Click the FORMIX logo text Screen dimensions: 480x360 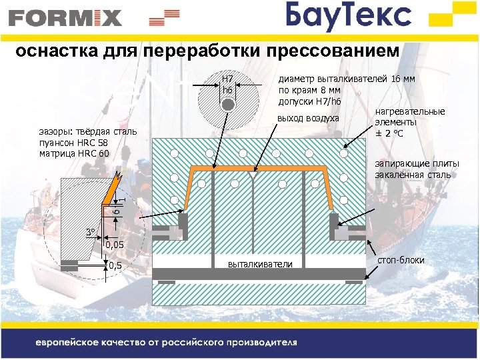[65, 17]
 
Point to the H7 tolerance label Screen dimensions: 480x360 [227, 78]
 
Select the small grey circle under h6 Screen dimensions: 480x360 [228, 105]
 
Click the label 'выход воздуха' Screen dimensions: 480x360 [308, 119]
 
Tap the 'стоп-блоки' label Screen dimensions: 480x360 [401, 259]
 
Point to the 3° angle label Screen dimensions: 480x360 [91, 232]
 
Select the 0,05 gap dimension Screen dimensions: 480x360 [115, 246]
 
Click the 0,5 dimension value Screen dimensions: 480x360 [115, 266]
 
